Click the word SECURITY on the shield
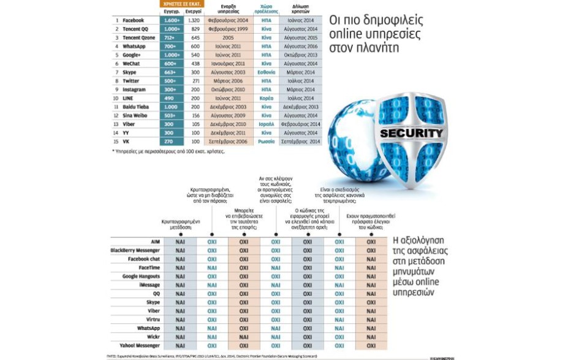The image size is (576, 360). [411, 133]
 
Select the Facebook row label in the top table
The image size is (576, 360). [132, 20]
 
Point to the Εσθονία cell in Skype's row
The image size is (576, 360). [266, 72]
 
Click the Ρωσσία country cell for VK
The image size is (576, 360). [266, 141]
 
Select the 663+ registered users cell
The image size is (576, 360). [170, 72]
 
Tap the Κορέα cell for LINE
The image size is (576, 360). [266, 98]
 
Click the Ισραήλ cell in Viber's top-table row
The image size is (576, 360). [266, 124]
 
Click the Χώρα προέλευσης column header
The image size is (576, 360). [266, 9]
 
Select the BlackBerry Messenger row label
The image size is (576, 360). [135, 250]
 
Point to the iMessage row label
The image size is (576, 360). [150, 285]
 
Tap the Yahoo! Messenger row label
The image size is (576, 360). [140, 346]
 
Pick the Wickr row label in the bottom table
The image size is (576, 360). [153, 337]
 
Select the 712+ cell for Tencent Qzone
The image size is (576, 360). [170, 37]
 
